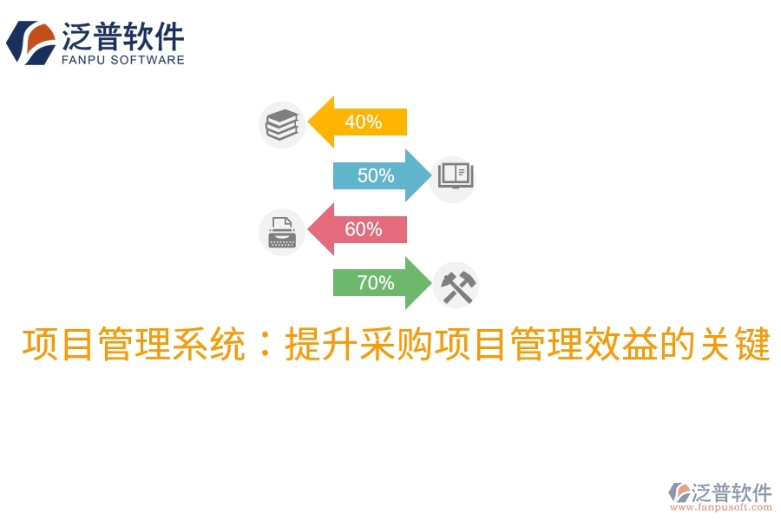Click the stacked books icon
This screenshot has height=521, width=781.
(281, 124)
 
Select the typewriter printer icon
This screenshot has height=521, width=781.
(281, 232)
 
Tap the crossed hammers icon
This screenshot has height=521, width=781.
(455, 286)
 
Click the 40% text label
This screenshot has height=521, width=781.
(363, 122)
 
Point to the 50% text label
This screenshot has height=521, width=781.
(376, 175)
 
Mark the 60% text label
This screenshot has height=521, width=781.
(363, 229)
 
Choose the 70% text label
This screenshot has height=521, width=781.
(376, 283)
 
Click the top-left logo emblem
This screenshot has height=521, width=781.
(30, 43)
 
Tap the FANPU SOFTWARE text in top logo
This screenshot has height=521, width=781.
(123, 60)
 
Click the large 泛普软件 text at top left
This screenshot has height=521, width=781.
(123, 36)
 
